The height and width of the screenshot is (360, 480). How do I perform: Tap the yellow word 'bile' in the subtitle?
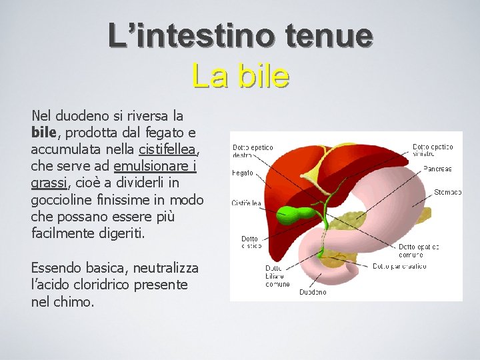(x=263, y=75)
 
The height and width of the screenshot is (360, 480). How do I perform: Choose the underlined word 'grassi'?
(x=49, y=183)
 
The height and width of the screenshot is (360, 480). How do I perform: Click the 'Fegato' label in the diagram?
(x=243, y=173)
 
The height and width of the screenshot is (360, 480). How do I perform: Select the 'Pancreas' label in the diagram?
(x=437, y=169)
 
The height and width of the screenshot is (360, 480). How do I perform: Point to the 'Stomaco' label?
(x=447, y=192)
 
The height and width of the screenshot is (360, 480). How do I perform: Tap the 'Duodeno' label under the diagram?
(x=313, y=292)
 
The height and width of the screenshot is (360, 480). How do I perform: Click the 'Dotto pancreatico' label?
(x=399, y=266)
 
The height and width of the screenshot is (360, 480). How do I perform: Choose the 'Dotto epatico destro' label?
(x=252, y=150)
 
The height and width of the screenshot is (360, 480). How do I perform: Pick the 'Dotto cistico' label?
(x=251, y=243)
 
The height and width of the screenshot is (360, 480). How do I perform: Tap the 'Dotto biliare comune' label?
(x=277, y=276)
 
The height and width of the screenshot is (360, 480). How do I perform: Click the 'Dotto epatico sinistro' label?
(x=433, y=150)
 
